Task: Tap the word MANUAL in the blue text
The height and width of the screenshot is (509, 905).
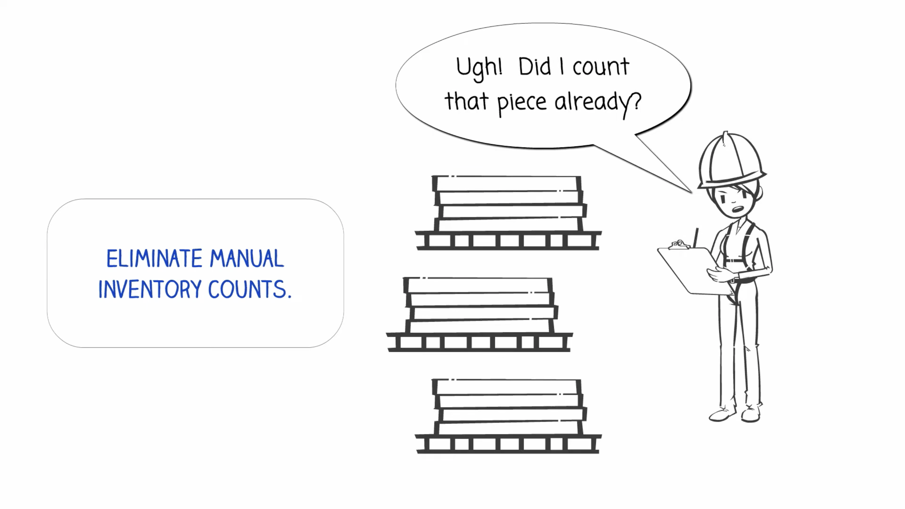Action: tap(247, 258)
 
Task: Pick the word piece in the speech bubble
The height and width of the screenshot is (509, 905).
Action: tap(521, 103)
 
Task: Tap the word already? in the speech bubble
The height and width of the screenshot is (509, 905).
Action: tap(598, 103)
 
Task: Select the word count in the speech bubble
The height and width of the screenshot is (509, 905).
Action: tap(601, 67)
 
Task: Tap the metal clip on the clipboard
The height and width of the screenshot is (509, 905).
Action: tap(679, 245)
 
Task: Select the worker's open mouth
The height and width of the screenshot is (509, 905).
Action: tap(738, 209)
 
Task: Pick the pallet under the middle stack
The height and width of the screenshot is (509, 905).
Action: tap(479, 342)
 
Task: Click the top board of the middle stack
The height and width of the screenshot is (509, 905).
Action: tap(478, 285)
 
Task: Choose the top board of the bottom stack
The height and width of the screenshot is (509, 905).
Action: tap(507, 387)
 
